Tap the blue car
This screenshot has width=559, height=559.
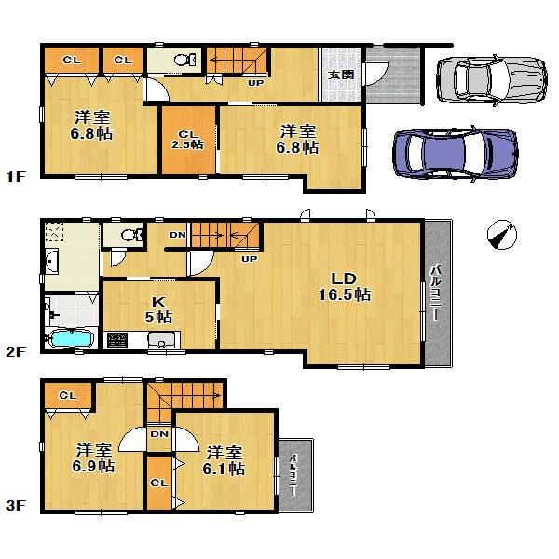(454, 149)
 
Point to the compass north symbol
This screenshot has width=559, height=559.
(503, 236)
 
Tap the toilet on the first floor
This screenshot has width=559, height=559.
(183, 60)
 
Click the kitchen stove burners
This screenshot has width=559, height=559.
(119, 342)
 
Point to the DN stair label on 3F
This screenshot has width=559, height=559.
(158, 434)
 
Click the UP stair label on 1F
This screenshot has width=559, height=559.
(254, 82)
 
